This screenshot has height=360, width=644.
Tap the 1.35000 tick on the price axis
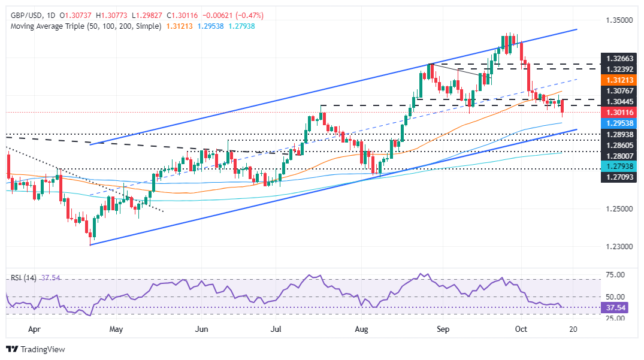coord(617,20)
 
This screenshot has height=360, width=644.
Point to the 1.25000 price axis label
coord(617,208)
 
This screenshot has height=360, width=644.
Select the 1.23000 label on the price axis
coord(617,246)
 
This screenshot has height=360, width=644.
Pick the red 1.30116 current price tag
coord(617,111)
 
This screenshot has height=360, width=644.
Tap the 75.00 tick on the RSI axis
coord(615,275)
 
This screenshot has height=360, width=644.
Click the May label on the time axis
coord(116,329)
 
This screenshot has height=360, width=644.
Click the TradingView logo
coord(35,349)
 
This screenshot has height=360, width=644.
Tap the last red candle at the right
coord(562,107)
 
